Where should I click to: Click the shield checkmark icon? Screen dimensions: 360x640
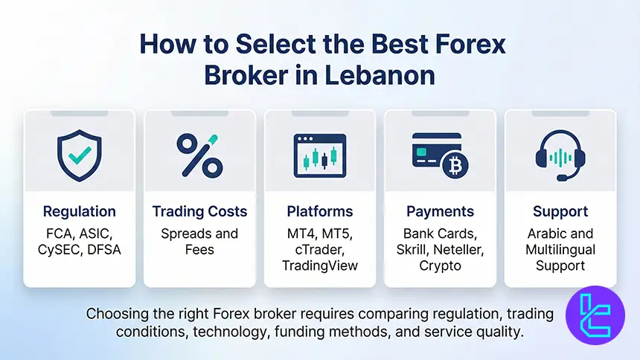tap(79, 155)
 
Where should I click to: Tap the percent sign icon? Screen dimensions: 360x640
tap(199, 155)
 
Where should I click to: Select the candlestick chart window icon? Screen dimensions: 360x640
tap(320, 155)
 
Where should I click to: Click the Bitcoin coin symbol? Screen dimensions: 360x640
tap(452, 167)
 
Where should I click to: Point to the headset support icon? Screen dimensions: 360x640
tap(560, 156)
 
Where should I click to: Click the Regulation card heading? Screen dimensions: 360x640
tap(79, 211)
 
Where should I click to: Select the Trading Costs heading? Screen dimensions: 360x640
tap(199, 211)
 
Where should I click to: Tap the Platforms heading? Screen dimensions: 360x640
tap(320, 211)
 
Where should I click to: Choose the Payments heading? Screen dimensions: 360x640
tap(440, 211)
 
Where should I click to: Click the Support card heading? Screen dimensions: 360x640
tap(560, 211)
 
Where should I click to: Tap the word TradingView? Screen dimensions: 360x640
tap(320, 266)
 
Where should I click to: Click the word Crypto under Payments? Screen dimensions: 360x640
tap(440, 266)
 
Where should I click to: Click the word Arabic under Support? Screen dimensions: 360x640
tap(548, 234)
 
